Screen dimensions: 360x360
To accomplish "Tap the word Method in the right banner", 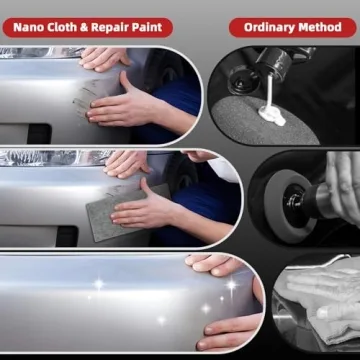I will pyautogui.click(x=322, y=26).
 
